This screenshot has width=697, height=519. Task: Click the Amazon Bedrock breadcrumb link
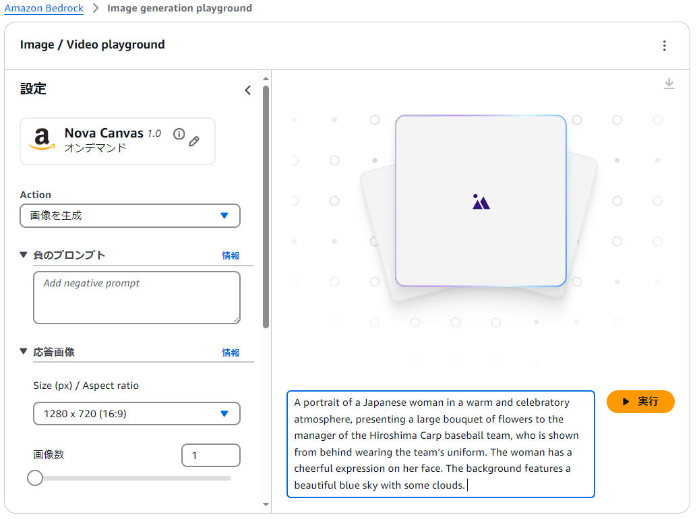tap(44, 8)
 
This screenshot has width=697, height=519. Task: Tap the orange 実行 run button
tap(640, 402)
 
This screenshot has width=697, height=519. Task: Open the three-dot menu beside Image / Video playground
tap(664, 45)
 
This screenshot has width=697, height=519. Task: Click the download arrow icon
tap(669, 84)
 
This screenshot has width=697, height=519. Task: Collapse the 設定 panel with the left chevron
tap(248, 90)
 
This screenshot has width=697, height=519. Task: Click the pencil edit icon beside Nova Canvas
tap(194, 142)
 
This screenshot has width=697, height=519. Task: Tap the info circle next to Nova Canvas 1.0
tap(179, 133)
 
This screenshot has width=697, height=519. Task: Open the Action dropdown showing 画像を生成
tap(130, 216)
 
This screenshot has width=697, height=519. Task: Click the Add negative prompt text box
tap(136, 297)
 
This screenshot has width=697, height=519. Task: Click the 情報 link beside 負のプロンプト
tap(231, 255)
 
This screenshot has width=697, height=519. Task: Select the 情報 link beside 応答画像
tap(231, 353)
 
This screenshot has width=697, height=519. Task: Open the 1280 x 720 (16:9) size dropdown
tap(136, 414)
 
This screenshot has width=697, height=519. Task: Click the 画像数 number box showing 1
tap(211, 455)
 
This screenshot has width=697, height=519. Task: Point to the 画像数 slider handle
tap(34, 478)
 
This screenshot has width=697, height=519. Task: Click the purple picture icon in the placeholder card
tap(481, 202)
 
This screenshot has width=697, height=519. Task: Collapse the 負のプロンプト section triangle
tap(24, 255)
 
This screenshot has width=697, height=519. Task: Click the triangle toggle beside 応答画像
tap(24, 351)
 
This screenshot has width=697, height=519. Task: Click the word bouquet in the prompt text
tap(460, 419)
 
